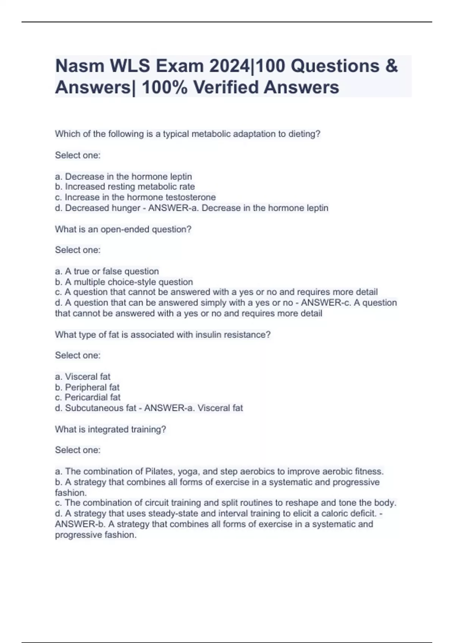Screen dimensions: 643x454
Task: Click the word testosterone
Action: [191, 197]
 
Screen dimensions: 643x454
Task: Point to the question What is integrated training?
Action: [110, 430]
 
